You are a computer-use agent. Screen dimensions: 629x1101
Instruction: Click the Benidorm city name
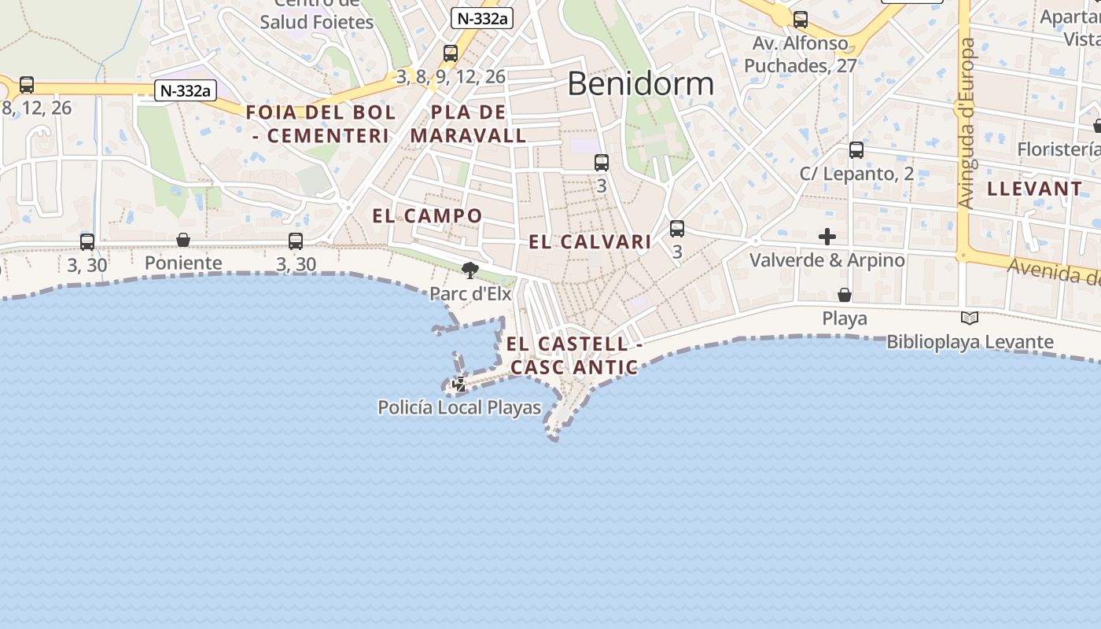pos(640,83)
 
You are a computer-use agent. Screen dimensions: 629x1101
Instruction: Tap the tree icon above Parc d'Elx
pos(470,271)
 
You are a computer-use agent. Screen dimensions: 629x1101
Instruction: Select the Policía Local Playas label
pos(459,407)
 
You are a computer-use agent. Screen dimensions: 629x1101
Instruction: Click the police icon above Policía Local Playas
pos(459,384)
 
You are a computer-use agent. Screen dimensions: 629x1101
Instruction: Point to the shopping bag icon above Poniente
pos(183,240)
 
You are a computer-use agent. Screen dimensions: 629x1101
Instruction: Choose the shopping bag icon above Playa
pos(845,295)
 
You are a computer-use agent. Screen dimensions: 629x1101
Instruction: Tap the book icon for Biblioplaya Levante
pos(970,318)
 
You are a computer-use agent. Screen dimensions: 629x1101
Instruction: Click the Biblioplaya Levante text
pos(970,342)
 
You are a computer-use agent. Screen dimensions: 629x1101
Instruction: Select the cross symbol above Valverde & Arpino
pos(827,236)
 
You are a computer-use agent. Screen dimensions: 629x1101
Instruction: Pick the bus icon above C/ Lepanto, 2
pos(856,149)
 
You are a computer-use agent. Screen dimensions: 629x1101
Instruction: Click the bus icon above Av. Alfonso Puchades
pos(801,20)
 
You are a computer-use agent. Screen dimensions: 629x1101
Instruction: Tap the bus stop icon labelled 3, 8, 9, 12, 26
pos(451,53)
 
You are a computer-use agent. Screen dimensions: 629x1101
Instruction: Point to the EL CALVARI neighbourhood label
pos(590,241)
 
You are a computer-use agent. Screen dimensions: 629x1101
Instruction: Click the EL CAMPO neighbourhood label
pos(427,215)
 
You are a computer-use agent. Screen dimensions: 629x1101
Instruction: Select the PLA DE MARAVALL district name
pos(469,123)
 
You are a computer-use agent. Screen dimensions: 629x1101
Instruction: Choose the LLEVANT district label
pos(1034,189)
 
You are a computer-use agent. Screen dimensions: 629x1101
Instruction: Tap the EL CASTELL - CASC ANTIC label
pos(574,355)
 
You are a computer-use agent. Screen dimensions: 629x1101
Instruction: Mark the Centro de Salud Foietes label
pos(317,14)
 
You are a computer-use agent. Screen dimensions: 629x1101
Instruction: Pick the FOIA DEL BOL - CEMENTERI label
pos(321,123)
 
